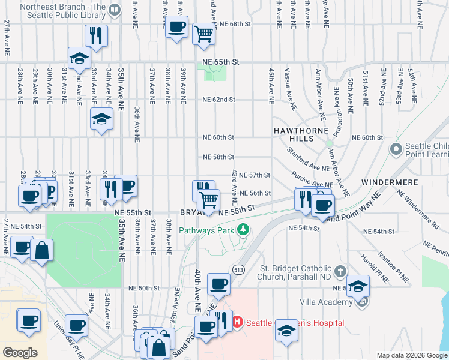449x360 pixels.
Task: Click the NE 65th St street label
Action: tap(220, 62)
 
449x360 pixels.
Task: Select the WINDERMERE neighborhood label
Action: tap(385, 181)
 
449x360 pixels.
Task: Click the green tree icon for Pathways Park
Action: tap(243, 230)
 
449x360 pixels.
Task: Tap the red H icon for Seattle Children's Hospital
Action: tap(237, 322)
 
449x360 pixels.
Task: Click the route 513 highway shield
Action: tap(239, 268)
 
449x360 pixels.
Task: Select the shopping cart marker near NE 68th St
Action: tap(204, 34)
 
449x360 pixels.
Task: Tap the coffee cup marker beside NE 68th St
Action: tap(176, 28)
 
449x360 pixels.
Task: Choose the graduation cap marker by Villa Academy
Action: tap(358, 286)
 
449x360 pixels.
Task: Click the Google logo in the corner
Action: tap(20, 353)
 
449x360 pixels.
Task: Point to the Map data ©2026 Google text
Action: tap(411, 355)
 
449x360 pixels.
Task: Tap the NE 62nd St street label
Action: tap(218, 100)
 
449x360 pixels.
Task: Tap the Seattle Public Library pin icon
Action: tap(116, 9)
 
